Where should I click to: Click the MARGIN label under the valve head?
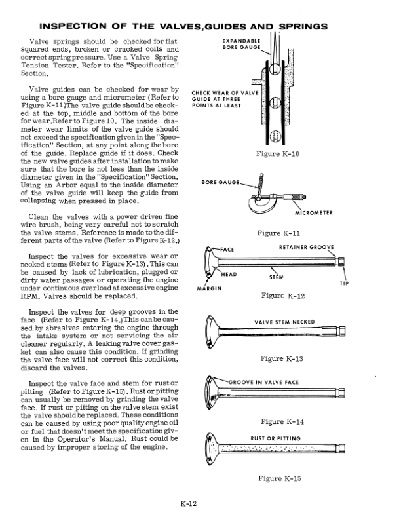tap(209, 288)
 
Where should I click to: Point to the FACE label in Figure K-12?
tap(227, 250)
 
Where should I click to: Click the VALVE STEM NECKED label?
tap(284, 322)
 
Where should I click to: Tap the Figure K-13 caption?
tap(281, 358)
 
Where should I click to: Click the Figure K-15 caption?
tap(280, 478)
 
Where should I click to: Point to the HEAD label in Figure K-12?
tap(229, 274)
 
